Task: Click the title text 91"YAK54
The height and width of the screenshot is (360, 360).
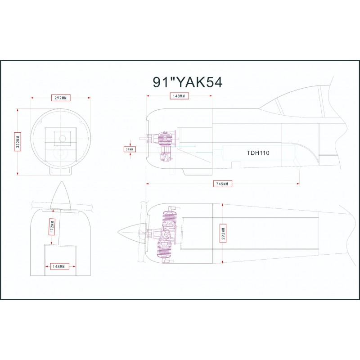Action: pos(188,82)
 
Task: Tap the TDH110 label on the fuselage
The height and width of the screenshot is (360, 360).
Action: pos(258,153)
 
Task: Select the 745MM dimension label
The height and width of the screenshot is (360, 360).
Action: pos(222,184)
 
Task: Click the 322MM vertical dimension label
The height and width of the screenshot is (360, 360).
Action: pos(18,142)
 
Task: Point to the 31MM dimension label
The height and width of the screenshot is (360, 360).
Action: pos(130,149)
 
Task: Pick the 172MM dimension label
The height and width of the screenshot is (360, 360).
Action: pos(52,227)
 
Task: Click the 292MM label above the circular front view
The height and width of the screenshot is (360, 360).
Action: pos(61,98)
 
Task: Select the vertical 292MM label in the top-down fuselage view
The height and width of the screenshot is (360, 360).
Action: pos(223,233)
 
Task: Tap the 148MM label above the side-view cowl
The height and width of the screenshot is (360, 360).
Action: pos(179,96)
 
